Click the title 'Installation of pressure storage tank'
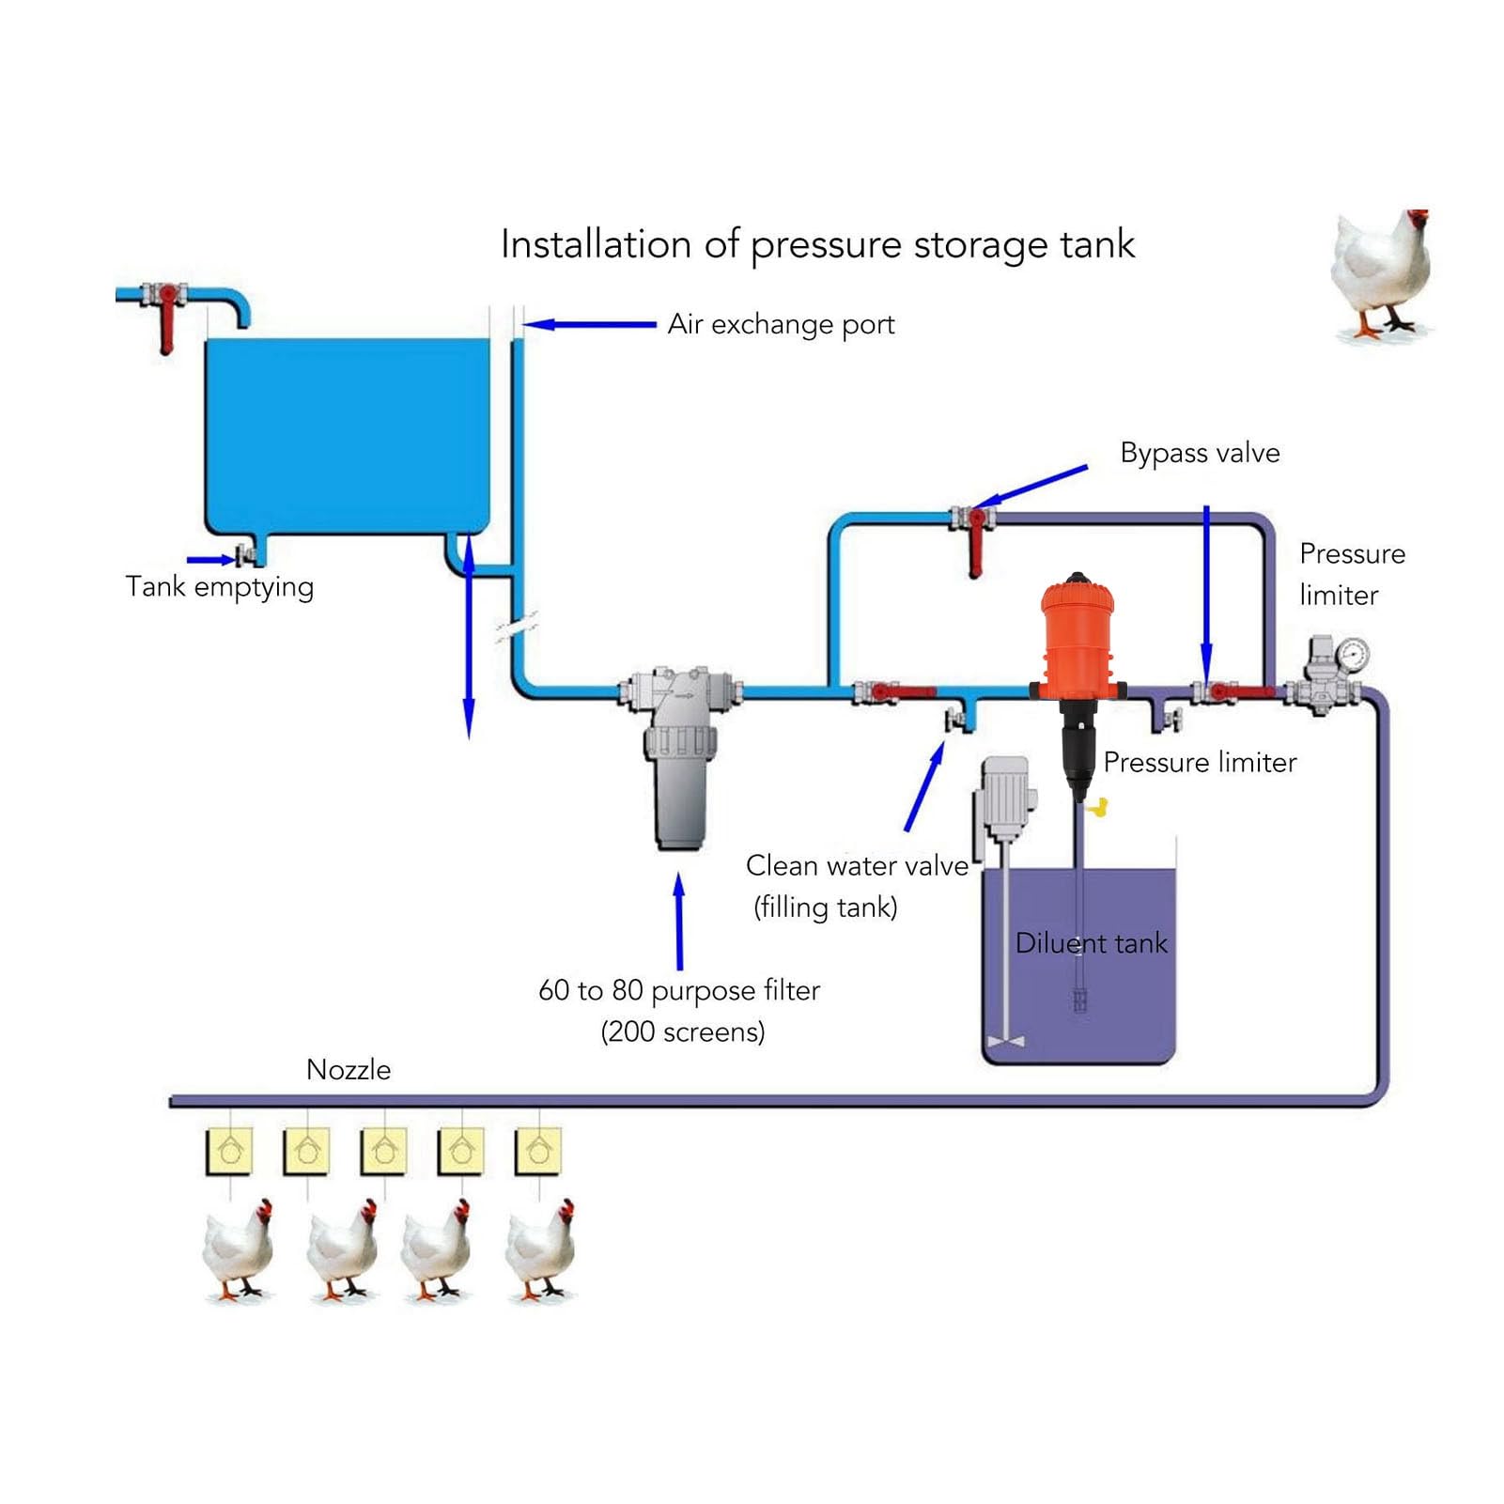point(817,245)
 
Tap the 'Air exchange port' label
point(781,325)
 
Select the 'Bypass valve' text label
point(1200,454)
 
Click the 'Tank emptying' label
point(220,587)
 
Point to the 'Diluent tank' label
point(1091,942)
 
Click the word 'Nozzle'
point(349,1069)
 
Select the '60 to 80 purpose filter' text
point(679,990)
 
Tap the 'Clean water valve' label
point(857,865)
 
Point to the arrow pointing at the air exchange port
point(589,325)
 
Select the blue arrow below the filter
point(679,922)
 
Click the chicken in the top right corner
point(1381,274)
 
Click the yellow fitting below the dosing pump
point(1097,806)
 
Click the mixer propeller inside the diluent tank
point(1006,1041)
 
